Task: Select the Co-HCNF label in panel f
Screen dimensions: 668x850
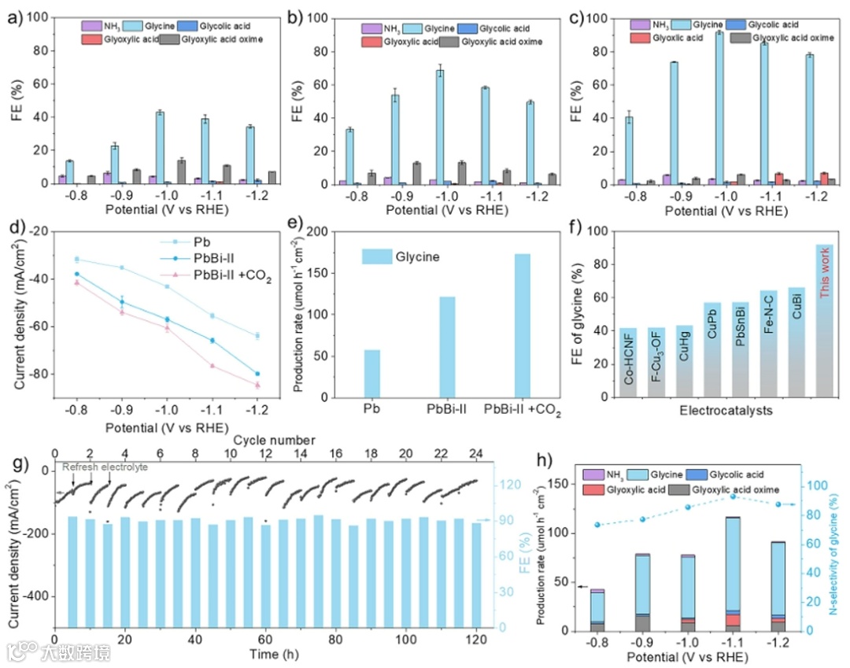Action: (x=628, y=361)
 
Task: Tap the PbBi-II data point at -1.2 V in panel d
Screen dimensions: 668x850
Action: (x=258, y=374)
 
